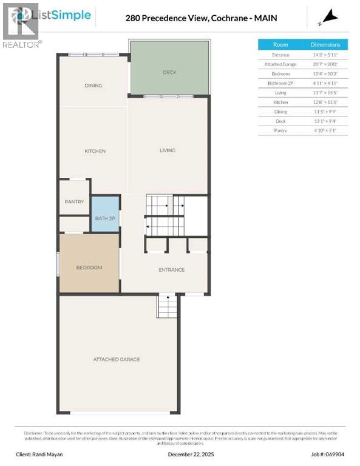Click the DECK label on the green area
[x=169, y=72]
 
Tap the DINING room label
[x=93, y=86]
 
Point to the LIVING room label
[x=168, y=150]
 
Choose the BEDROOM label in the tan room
[x=89, y=268]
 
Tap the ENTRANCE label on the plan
[x=172, y=270]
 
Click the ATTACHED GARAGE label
[x=117, y=359]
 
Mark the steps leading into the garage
[x=167, y=306]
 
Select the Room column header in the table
[x=280, y=44]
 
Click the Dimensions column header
[x=325, y=44]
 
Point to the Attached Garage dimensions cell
[x=325, y=64]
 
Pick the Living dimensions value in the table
[x=325, y=93]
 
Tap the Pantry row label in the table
[x=280, y=130]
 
